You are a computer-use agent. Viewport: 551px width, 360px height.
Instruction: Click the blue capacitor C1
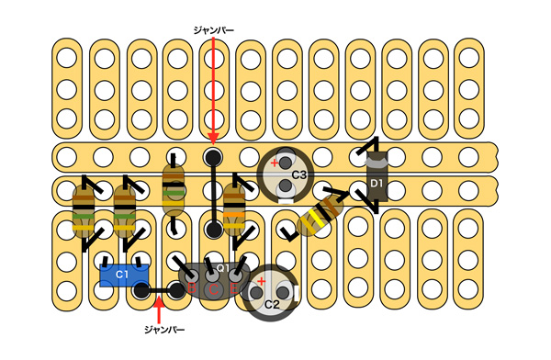point(124,276)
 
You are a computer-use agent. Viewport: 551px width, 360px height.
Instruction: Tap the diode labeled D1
point(377,176)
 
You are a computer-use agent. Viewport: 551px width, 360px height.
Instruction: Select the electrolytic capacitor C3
point(286,174)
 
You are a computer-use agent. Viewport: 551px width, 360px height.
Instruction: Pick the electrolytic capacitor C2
point(270,293)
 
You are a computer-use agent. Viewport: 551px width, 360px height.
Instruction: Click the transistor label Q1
point(222,268)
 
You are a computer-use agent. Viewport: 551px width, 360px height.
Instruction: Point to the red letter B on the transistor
point(192,288)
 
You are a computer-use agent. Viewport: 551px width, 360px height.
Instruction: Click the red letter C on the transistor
point(214,289)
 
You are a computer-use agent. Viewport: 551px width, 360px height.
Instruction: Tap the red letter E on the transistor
point(234,288)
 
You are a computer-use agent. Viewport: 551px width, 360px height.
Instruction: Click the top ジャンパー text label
point(213,30)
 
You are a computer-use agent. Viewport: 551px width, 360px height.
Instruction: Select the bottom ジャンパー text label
point(164,330)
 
